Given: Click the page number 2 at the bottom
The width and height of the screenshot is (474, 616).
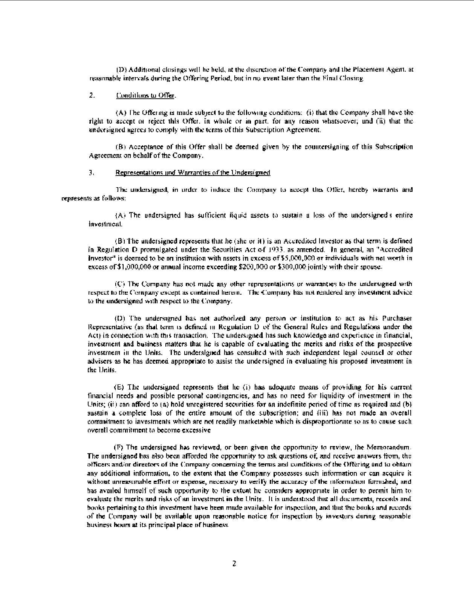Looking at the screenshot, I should pos(234,564).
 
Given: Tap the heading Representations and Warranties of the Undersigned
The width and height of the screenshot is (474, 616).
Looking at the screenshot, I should pos(193,173).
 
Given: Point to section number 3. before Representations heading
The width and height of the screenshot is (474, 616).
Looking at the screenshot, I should pos(91,173).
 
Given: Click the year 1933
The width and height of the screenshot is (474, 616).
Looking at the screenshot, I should pos(273,249).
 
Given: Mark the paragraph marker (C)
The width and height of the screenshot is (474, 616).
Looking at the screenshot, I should pos(119,284).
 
